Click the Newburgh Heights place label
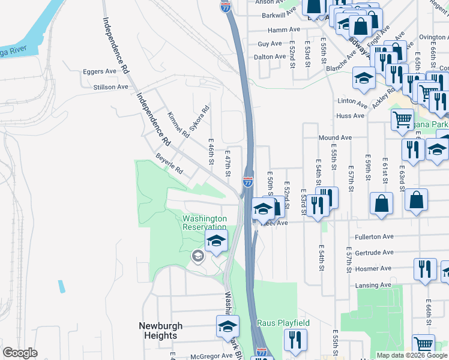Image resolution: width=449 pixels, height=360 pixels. [160, 331]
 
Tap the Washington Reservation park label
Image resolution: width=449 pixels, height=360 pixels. [205, 223]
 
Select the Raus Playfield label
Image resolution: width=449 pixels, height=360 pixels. [283, 323]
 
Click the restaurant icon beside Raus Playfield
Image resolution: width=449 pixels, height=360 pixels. [295, 340]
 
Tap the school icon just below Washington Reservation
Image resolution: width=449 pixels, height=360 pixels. [216, 241]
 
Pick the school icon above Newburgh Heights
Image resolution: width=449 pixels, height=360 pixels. [228, 327]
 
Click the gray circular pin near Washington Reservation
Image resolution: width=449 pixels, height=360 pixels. [197, 257]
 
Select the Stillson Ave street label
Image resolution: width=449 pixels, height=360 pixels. [110, 87]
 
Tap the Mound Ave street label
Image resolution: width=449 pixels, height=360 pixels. [335, 137]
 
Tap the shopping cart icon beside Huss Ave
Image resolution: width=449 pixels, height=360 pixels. [402, 119]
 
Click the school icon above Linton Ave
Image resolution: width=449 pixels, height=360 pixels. [364, 79]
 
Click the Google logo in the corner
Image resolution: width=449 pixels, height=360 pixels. [20, 352]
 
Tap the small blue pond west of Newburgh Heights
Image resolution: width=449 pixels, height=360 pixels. [61, 286]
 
